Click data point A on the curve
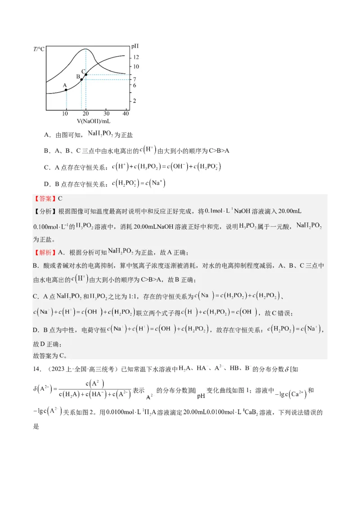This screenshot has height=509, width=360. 67,90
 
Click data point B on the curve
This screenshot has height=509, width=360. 81,80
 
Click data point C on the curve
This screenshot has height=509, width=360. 86,75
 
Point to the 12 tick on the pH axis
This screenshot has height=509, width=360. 135,57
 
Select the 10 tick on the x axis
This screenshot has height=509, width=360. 66,114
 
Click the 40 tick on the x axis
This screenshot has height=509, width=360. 126,114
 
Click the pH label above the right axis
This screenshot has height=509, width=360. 135,46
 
